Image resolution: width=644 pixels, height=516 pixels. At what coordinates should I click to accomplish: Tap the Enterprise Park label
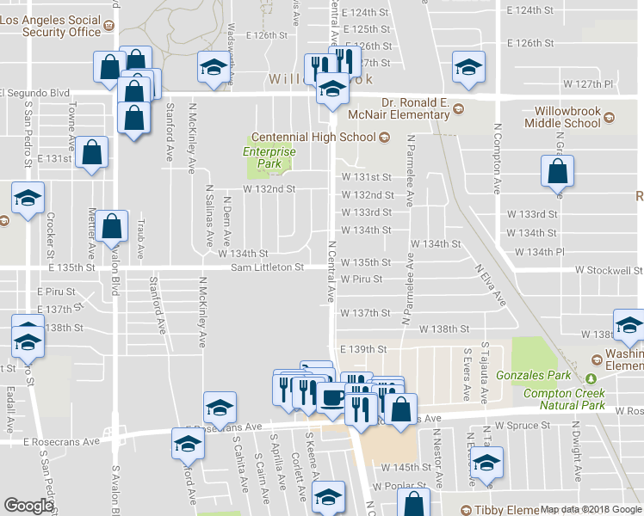click(x=269, y=157)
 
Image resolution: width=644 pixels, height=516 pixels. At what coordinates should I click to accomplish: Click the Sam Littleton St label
click(x=267, y=267)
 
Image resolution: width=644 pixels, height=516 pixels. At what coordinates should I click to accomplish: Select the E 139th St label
click(x=366, y=349)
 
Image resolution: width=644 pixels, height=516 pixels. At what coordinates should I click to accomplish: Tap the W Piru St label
click(x=362, y=279)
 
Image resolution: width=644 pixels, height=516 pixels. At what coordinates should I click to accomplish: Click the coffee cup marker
click(x=333, y=400)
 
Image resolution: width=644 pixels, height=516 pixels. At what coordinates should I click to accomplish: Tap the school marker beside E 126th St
click(x=214, y=68)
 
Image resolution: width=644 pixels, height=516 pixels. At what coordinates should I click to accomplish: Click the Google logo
click(x=28, y=507)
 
